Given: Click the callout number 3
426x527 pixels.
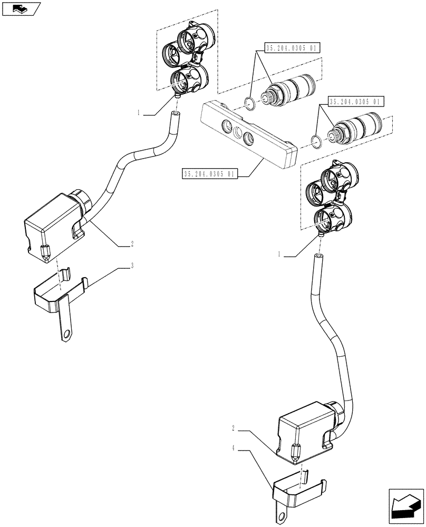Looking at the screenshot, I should coord(132,266).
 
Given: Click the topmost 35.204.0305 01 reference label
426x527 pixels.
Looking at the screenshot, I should coord(292,48).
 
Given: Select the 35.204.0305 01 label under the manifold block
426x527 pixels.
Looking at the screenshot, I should coord(209,173).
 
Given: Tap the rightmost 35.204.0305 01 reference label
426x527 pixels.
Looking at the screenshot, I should coord(357,101).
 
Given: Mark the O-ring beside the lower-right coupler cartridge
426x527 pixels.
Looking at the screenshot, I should coord(317,141).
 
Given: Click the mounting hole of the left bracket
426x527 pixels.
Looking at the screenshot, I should coord(66,333).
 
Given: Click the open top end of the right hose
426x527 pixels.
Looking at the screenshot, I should coord(318,256).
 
